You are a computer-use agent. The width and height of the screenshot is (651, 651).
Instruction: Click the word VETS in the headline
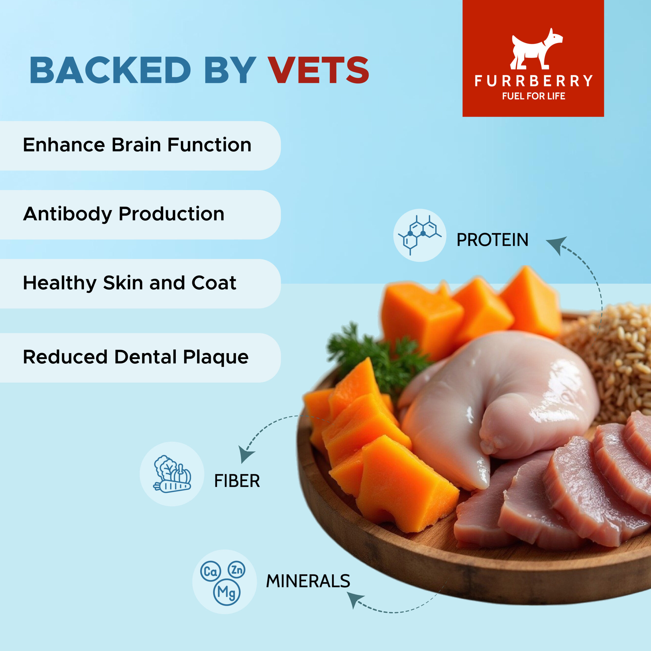coord(318,70)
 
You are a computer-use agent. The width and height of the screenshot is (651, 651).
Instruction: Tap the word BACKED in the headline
coord(111,70)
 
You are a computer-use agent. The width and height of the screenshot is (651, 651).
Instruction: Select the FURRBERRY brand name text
coord(534,81)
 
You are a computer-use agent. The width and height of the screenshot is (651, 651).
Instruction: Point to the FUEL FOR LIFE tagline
coord(534,96)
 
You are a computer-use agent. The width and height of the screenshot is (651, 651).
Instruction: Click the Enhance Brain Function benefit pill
coord(140,145)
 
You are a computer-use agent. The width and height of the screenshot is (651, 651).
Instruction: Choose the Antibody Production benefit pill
coord(140,215)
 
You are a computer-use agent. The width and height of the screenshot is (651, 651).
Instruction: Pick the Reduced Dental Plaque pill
coord(140,358)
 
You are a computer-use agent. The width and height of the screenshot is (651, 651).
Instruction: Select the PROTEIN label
coord(492,240)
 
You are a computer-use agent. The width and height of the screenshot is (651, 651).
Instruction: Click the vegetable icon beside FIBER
coord(172,474)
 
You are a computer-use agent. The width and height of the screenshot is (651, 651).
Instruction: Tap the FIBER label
coord(237,481)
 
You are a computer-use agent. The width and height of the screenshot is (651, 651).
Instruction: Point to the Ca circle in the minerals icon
coord(211,571)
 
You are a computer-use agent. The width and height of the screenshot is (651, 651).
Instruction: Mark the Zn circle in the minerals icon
coord(237,569)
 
